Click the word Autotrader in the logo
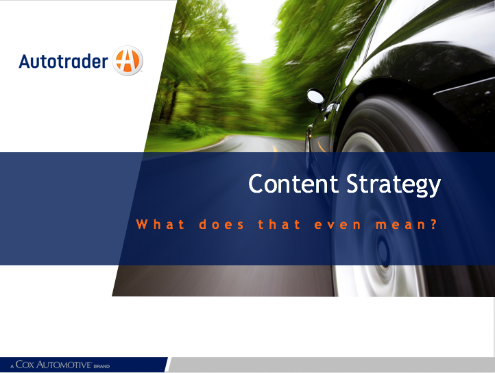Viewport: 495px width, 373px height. (x=64, y=61)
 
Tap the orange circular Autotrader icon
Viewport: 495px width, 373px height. (x=128, y=60)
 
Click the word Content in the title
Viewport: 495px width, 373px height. (x=293, y=184)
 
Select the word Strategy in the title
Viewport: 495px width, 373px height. (x=394, y=186)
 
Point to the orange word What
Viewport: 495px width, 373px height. (x=160, y=224)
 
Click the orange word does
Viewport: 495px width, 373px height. (x=221, y=224)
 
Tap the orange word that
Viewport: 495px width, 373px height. (x=280, y=224)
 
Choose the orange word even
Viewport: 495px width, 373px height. (x=338, y=226)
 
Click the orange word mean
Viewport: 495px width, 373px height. (x=400, y=226)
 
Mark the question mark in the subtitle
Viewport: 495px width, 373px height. (x=434, y=224)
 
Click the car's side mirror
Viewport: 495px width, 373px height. (x=315, y=97)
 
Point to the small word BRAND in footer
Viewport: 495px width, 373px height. (x=101, y=367)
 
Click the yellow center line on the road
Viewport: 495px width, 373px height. (x=275, y=148)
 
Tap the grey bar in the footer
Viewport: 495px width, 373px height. (x=331, y=365)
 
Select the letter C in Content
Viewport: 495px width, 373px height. (x=256, y=184)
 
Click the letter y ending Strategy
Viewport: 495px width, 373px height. (x=434, y=189)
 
